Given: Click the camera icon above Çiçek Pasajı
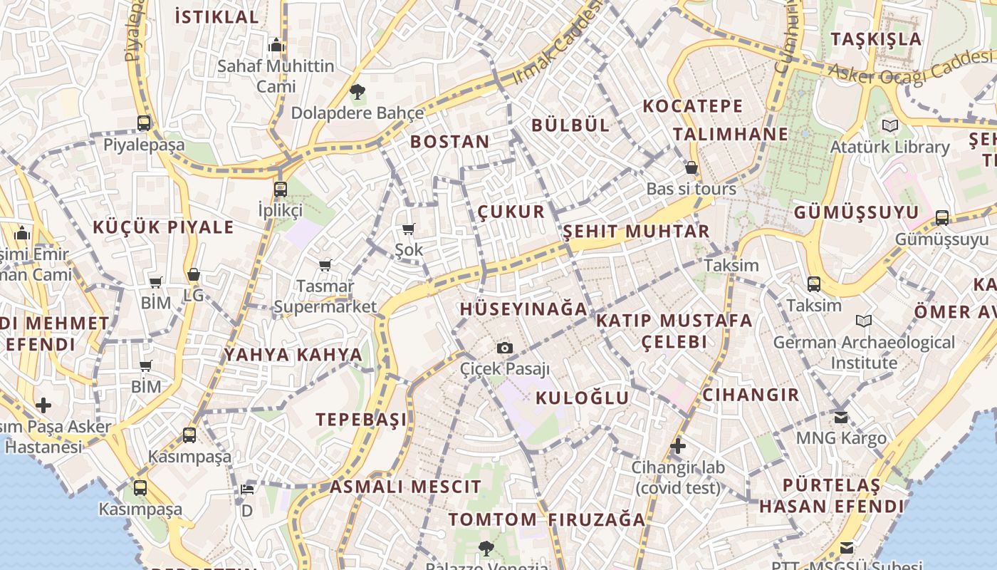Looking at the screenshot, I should (505, 348).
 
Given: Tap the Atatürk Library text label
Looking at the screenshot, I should (889, 147).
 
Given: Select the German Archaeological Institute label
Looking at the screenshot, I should (864, 353).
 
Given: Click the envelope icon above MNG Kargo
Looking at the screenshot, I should (842, 417).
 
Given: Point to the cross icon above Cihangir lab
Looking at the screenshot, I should (677, 447).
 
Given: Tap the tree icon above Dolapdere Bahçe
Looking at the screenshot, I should (357, 91).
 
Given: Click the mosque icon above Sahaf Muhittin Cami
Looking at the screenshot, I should (276, 46).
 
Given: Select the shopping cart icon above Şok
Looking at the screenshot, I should (409, 229).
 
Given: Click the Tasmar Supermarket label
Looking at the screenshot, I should (325, 296).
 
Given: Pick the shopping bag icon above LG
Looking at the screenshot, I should (194, 274).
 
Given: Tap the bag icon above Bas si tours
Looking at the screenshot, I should (691, 168).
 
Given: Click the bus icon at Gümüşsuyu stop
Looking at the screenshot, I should (942, 218).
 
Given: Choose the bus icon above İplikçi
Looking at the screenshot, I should (281, 190).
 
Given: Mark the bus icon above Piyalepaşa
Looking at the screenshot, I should (144, 123).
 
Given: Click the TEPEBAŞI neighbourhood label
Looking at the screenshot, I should (362, 419).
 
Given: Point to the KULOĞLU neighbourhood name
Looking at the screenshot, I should (582, 398).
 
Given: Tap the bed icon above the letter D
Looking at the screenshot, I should (246, 489).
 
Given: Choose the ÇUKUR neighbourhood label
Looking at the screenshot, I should (511, 212).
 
